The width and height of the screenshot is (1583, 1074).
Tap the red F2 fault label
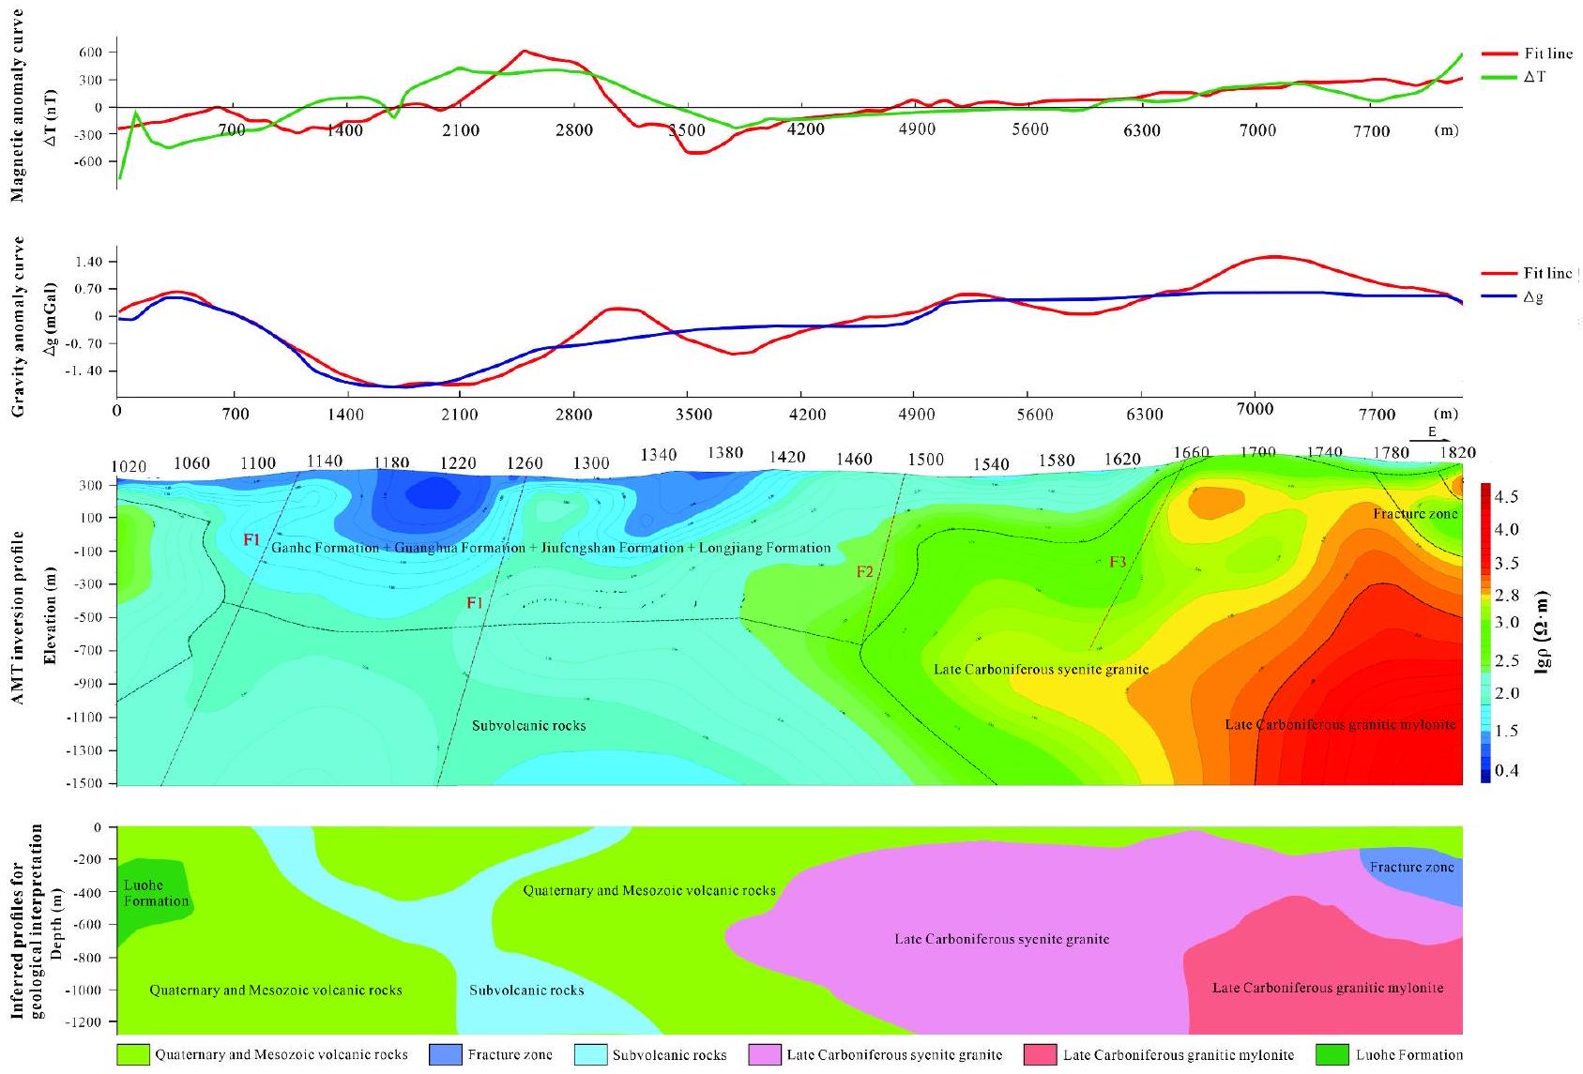(864, 572)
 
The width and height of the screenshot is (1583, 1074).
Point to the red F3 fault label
(1118, 562)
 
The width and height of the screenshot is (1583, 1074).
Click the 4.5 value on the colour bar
(1505, 496)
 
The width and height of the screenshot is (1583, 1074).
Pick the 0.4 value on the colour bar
(1505, 771)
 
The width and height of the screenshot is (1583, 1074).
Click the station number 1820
(1457, 452)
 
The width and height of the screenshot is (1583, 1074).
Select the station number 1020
(129, 467)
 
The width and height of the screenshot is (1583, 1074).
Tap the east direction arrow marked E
(1430, 435)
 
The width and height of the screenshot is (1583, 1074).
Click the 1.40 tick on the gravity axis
(89, 261)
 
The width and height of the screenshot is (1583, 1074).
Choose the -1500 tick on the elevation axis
(87, 783)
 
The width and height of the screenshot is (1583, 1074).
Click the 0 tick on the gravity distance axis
(117, 414)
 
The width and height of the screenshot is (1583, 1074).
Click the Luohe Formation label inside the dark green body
(156, 893)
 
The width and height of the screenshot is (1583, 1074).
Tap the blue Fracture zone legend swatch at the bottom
(443, 1054)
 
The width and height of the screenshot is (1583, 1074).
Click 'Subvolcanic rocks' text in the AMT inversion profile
(528, 725)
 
